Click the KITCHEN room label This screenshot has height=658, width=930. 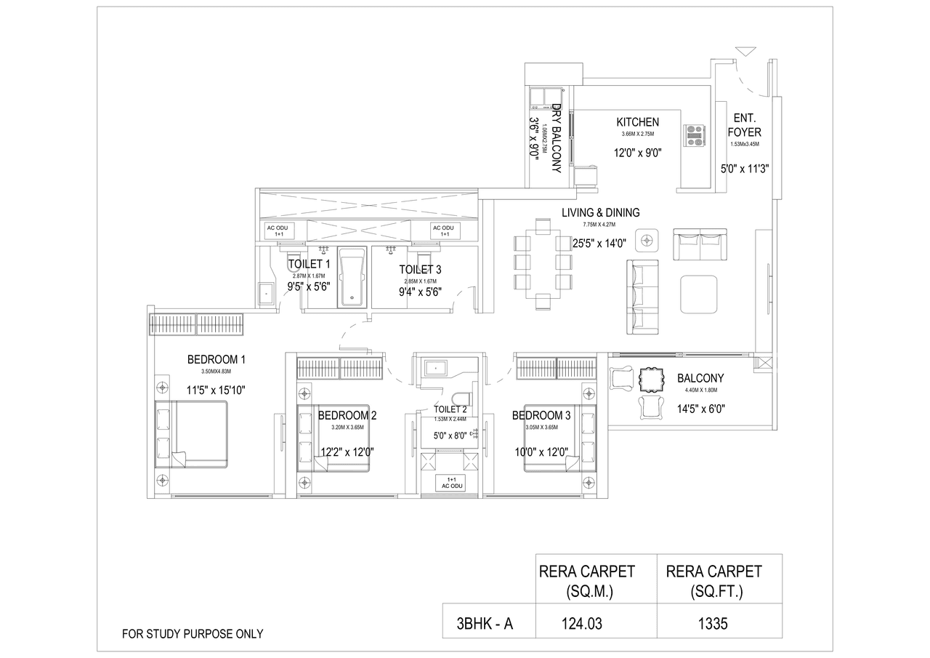click(x=637, y=122)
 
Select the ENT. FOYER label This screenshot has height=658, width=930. click(x=745, y=125)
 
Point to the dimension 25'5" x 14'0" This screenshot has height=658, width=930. click(x=599, y=244)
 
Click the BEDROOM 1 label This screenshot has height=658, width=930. click(x=216, y=359)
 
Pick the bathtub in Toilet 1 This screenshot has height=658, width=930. click(x=352, y=277)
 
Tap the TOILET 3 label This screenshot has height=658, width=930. click(x=420, y=269)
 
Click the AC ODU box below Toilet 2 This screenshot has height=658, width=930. click(x=450, y=484)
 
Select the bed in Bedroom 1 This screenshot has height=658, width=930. click(x=192, y=436)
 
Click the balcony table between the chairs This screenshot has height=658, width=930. click(x=651, y=380)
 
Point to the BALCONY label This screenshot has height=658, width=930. click(x=700, y=378)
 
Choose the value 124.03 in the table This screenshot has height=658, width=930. click(x=583, y=623)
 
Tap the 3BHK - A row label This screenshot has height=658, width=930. click(x=485, y=623)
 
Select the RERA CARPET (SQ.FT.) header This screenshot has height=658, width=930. click(x=713, y=581)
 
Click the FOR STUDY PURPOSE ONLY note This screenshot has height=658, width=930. click(x=193, y=634)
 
